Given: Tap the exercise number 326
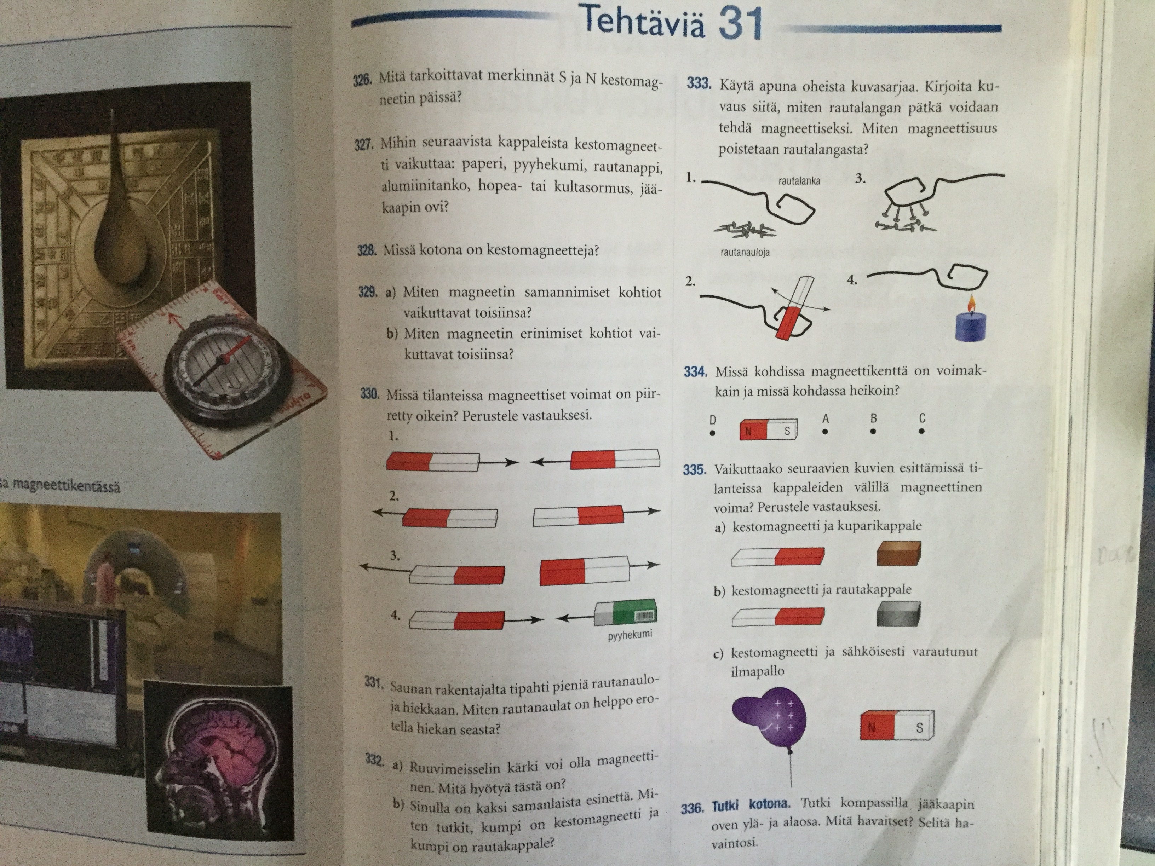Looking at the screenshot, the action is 362,80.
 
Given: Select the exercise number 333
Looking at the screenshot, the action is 699,83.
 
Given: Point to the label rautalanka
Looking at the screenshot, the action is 799,181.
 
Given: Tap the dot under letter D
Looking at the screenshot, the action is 712,433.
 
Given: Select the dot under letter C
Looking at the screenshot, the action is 921,431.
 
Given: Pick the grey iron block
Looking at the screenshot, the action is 898,614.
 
